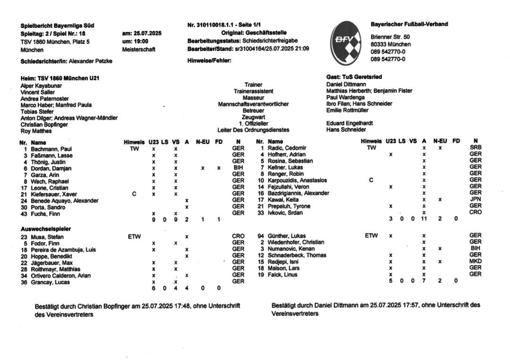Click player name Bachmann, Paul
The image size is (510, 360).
coord(51,148)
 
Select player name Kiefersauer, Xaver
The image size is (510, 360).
coord(54,194)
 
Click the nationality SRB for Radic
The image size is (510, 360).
coord(475,148)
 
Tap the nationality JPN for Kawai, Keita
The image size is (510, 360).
coord(475,199)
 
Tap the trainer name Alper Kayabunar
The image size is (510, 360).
coord(43,85)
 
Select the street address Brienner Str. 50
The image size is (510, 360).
coord(391,38)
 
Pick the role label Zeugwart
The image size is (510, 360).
coord(253,117)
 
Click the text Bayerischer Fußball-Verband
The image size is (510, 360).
coord(409,24)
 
